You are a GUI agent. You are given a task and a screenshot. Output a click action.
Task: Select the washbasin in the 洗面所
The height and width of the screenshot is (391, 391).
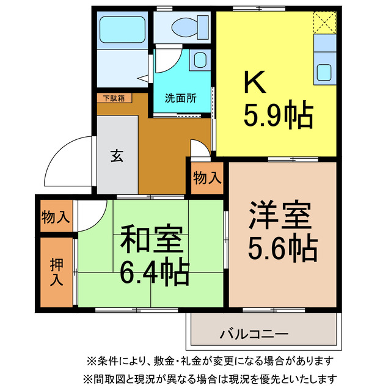199,60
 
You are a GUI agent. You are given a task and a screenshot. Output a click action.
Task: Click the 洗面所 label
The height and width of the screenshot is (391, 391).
180,98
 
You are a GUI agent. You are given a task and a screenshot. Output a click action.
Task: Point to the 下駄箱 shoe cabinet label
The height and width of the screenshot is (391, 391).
113,97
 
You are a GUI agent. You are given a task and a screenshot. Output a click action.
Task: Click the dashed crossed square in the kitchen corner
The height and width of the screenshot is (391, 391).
324,23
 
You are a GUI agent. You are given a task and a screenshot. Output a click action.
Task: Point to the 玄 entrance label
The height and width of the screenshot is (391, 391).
117,155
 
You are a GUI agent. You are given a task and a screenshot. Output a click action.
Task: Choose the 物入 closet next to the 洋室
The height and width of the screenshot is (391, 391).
207,178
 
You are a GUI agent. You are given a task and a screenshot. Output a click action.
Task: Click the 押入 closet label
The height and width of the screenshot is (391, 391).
56,272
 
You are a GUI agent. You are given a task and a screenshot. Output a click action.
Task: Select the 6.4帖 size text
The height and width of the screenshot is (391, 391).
155,274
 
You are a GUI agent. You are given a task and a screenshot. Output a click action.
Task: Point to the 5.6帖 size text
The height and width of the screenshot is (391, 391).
282,248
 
